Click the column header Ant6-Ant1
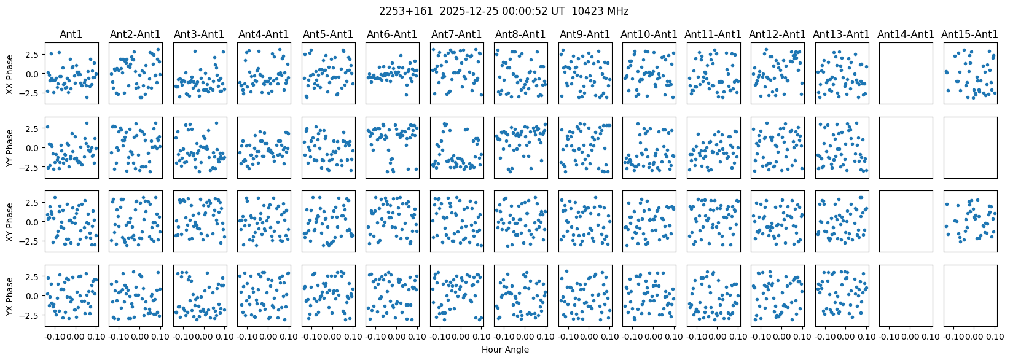point(393,35)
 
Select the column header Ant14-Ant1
point(906,35)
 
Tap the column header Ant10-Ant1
point(649,35)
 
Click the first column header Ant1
point(71,35)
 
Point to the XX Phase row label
point(9,74)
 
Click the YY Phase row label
point(9,148)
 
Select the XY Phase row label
point(9,222)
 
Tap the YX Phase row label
point(9,296)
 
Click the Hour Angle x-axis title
point(505,350)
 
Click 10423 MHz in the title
point(600,11)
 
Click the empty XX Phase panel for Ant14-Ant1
point(906,74)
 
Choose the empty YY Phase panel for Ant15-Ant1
point(970,148)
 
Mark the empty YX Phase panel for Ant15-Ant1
point(970,296)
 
